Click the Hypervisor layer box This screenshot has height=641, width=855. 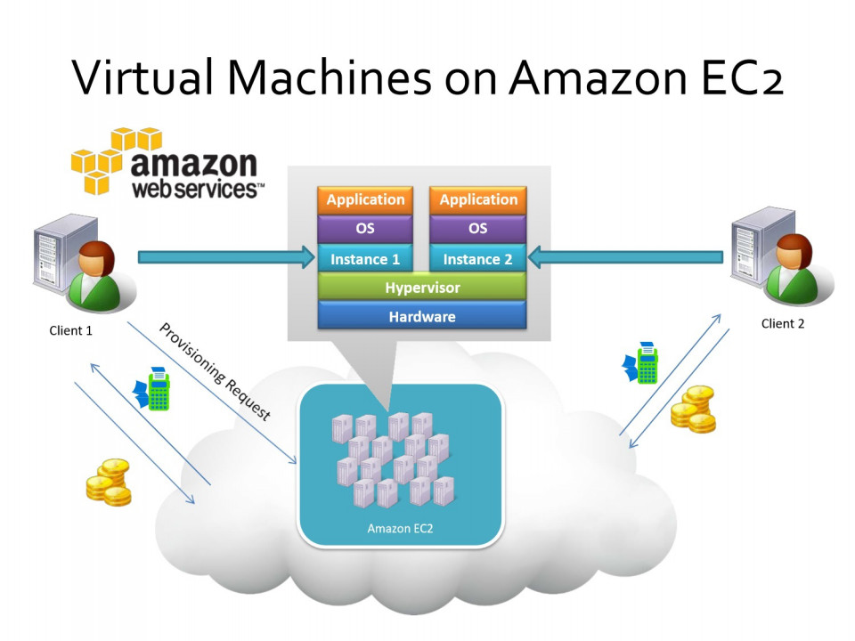pyautogui.click(x=422, y=287)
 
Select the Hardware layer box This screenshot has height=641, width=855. pyautogui.click(x=422, y=315)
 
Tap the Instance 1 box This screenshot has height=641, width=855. pyautogui.click(x=365, y=258)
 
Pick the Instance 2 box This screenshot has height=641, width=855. pyautogui.click(x=478, y=258)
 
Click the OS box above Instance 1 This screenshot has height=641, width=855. pyautogui.click(x=365, y=228)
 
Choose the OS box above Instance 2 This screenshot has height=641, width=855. pyautogui.click(x=478, y=228)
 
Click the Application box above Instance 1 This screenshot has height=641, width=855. pyautogui.click(x=365, y=199)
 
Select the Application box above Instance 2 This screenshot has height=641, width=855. pyautogui.click(x=478, y=199)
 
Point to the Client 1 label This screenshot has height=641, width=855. pyautogui.click(x=71, y=330)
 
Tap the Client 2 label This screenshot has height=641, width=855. pyautogui.click(x=783, y=324)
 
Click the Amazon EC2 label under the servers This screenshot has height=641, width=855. pyautogui.click(x=400, y=528)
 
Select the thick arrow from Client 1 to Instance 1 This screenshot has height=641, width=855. pyautogui.click(x=227, y=257)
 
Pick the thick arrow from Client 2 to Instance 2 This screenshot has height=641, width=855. pyautogui.click(x=625, y=257)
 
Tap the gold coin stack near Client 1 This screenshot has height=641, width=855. pyautogui.click(x=109, y=483)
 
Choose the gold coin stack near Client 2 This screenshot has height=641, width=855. pyautogui.click(x=693, y=410)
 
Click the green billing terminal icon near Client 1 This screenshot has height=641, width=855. pyautogui.click(x=152, y=389)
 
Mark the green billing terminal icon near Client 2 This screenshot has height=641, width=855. pyautogui.click(x=641, y=362)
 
